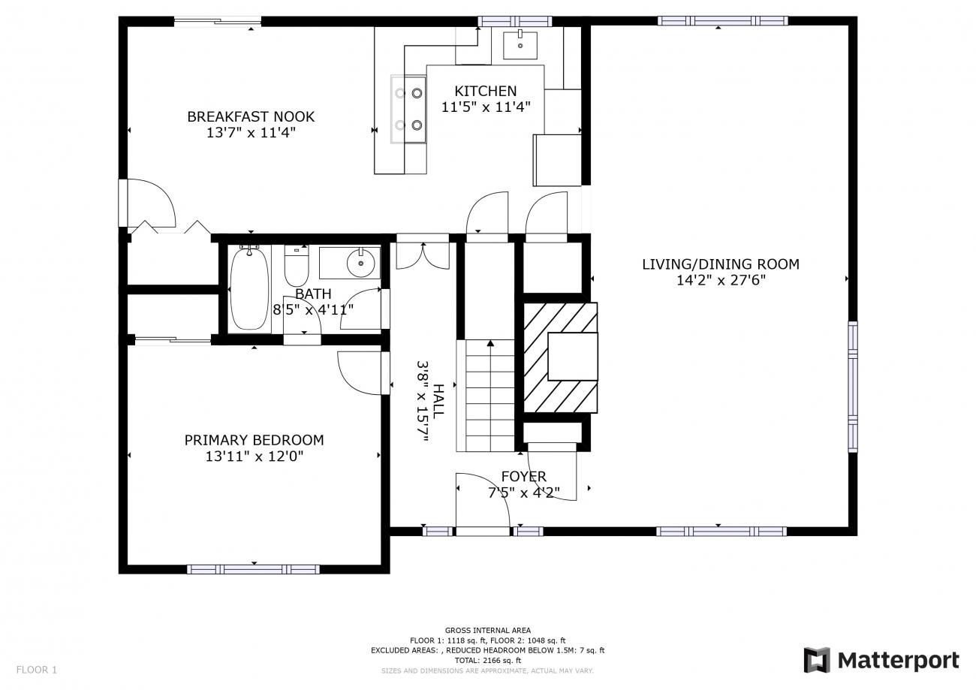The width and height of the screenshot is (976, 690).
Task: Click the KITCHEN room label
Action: pyautogui.click(x=486, y=91)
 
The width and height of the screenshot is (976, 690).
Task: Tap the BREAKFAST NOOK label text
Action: pyautogui.click(x=251, y=116)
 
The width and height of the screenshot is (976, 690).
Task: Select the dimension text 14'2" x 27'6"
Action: pyautogui.click(x=721, y=280)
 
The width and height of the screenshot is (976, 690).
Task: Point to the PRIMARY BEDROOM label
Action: pyautogui.click(x=254, y=440)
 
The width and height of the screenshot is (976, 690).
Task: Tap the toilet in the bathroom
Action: pyautogui.click(x=297, y=265)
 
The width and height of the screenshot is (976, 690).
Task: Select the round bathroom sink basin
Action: pyautogui.click(x=361, y=264)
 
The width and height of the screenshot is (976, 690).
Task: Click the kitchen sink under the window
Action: pyautogui.click(x=520, y=45)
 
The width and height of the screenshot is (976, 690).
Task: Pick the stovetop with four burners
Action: pyautogui.click(x=408, y=109)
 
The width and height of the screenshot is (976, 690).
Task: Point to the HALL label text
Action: pyautogui.click(x=438, y=401)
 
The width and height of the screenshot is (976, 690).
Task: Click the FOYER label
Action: pyautogui.click(x=524, y=477)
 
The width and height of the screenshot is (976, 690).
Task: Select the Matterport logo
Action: pyautogui.click(x=881, y=661)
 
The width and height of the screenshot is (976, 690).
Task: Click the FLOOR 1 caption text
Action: pyautogui.click(x=37, y=670)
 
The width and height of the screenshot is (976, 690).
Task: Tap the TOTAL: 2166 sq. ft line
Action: pyautogui.click(x=488, y=661)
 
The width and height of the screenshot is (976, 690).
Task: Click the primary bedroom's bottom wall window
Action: pyautogui.click(x=253, y=569)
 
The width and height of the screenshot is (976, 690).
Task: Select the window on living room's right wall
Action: pyautogui.click(x=853, y=387)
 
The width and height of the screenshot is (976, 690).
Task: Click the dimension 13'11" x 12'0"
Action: pyautogui.click(x=254, y=456)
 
